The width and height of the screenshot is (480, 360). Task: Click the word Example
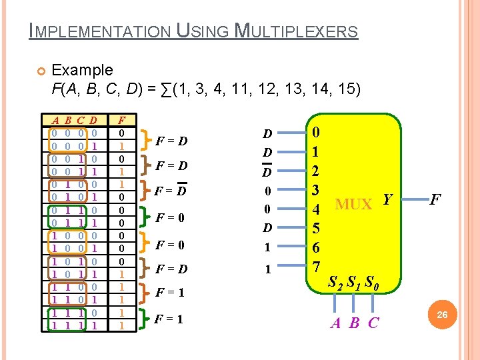click(x=82, y=70)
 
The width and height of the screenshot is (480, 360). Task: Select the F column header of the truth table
click(x=121, y=121)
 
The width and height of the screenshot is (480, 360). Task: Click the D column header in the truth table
click(x=93, y=121)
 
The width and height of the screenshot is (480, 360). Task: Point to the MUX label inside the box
click(x=353, y=204)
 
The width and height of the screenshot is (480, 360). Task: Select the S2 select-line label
click(x=336, y=283)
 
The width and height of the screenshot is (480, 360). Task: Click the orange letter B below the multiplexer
click(x=355, y=323)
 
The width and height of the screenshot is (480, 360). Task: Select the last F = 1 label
click(x=169, y=319)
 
